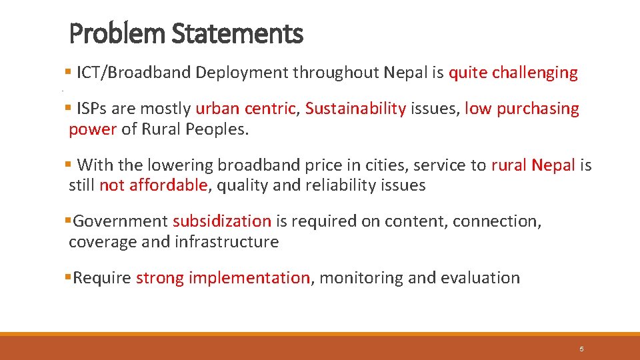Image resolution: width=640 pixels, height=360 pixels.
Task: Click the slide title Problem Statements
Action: (186, 33)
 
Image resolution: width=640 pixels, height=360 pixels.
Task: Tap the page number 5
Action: (581, 349)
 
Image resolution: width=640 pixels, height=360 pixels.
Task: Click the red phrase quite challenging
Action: (513, 73)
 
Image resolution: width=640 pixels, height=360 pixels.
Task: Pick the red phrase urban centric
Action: (245, 108)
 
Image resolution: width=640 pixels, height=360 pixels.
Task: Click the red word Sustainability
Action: (355, 108)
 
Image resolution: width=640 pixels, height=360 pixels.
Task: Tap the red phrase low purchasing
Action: (522, 108)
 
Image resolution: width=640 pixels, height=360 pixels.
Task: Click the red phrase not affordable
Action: (153, 185)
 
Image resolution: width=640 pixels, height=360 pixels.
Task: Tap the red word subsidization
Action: (222, 221)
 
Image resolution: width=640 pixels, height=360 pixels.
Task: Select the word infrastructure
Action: (227, 241)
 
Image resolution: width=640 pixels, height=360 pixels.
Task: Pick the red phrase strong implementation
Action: (223, 277)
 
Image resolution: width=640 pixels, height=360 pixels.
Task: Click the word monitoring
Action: (361, 277)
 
